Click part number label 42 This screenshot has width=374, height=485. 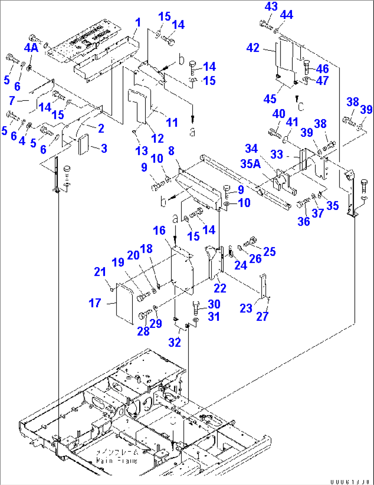253,48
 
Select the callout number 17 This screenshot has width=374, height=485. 95,303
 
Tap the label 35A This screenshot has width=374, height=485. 251,164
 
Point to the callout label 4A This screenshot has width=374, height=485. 31,48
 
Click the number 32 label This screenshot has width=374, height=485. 175,342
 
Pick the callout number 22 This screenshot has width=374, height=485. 220,288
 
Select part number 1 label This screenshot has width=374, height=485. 138,23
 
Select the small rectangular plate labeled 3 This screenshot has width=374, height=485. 84,144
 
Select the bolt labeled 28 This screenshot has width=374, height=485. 144,314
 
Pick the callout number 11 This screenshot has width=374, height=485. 172,122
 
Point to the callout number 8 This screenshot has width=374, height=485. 171,151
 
